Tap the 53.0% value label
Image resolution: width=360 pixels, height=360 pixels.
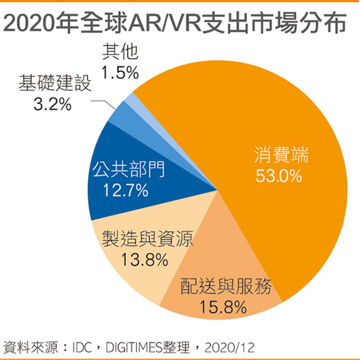(279, 176)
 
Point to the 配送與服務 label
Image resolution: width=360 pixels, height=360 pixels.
(226, 287)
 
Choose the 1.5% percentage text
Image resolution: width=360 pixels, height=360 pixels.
(120, 73)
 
